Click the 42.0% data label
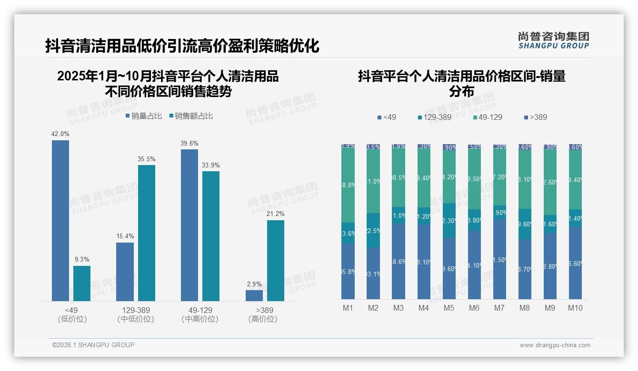click(60, 134)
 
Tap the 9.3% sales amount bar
click(82, 283)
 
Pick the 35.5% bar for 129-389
click(147, 233)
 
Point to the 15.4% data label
click(125, 236)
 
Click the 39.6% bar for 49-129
click(189, 225)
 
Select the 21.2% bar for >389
click(276, 260)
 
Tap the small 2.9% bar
click(254, 295)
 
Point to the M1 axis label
click(348, 308)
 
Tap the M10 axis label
click(575, 308)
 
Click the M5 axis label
click(449, 308)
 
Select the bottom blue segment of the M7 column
click(499, 259)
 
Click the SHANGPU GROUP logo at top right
click(553, 40)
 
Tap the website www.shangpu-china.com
click(555, 345)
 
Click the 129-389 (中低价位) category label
click(136, 314)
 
